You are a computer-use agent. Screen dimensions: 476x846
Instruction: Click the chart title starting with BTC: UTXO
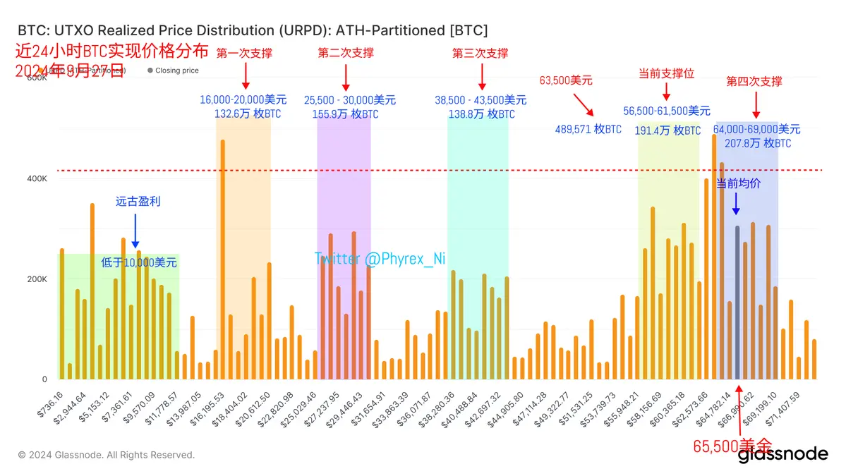252,30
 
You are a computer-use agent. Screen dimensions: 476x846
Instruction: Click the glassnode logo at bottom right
782,454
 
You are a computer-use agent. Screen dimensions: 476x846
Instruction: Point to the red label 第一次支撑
244,53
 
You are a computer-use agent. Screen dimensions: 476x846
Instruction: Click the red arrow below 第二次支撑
346,75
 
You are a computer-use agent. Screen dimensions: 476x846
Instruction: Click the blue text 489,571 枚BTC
588,129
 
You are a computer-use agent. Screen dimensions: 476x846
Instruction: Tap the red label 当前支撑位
666,73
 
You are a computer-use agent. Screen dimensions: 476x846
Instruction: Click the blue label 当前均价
738,183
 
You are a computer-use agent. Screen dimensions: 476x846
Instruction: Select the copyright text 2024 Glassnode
106,455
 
